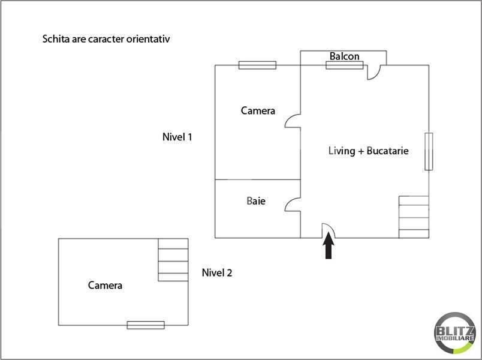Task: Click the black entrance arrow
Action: click(329, 245)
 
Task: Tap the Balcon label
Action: click(344, 56)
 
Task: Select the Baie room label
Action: click(256, 201)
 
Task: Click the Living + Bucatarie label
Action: click(369, 151)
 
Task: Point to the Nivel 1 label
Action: click(177, 137)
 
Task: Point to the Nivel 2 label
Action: click(217, 272)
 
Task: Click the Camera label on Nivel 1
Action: click(258, 111)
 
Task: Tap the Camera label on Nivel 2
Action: click(105, 285)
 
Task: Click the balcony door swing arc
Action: click(374, 73)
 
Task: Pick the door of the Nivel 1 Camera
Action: click(293, 121)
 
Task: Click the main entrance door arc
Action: click(329, 230)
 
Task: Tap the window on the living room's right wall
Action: click(429, 151)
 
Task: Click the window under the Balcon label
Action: click(345, 65)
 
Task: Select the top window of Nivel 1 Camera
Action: click(258, 65)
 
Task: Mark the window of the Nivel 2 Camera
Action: click(146, 325)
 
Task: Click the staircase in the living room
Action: click(414, 217)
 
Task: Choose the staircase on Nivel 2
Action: click(173, 260)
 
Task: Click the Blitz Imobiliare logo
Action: click(455, 333)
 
